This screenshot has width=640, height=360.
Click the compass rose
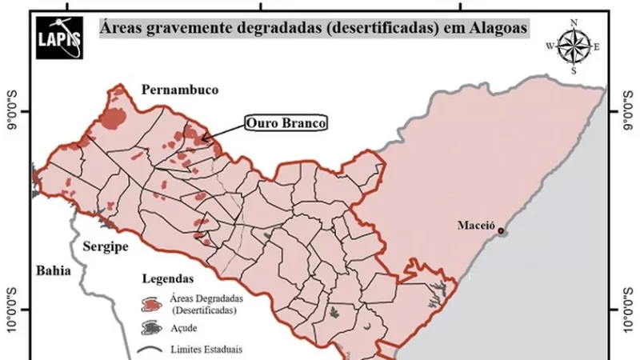coord(573,46)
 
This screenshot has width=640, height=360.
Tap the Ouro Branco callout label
coord(286,123)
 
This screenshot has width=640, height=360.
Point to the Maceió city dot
coord(501,231)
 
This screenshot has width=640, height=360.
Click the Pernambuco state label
coord(180,90)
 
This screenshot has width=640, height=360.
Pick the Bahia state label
coord(53,271)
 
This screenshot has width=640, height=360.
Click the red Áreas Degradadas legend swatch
coord(150,303)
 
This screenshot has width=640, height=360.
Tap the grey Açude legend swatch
coord(150,327)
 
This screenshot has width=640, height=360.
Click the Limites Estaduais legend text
coord(205,350)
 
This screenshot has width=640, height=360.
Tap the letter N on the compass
coord(573,22)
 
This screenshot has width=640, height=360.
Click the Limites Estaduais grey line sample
coord(150,350)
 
